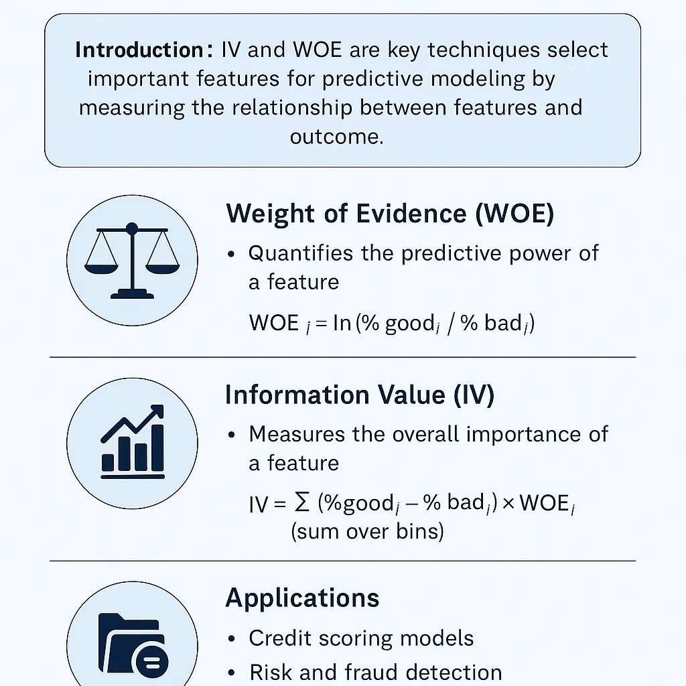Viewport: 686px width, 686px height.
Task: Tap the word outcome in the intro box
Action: click(336, 137)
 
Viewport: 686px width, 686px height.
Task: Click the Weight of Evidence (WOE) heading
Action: click(390, 214)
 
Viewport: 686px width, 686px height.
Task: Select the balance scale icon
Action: click(132, 260)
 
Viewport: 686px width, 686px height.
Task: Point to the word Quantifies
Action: click(299, 253)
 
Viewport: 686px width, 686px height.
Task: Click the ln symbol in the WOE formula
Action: click(342, 323)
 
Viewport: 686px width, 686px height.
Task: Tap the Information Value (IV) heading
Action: click(360, 395)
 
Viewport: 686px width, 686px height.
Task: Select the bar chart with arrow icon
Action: click(132, 442)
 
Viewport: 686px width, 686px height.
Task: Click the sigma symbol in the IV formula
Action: click(302, 502)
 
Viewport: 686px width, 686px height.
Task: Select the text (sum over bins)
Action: click(367, 532)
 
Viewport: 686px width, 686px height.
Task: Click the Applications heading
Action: click(302, 598)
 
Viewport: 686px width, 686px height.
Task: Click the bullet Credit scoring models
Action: click(361, 638)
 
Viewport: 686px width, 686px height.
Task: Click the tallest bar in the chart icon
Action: click(157, 448)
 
